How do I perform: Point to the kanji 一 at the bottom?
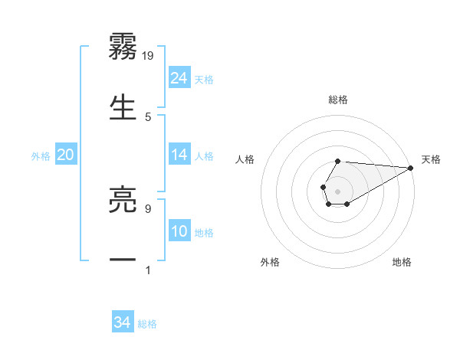click(x=123, y=260)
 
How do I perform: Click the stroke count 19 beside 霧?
click(x=149, y=55)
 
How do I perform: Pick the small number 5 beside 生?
click(x=148, y=117)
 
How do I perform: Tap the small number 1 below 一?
click(x=148, y=270)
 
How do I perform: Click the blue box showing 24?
click(x=179, y=78)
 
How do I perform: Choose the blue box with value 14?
click(x=179, y=155)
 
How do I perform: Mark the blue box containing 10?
click(x=179, y=232)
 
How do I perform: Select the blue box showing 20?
click(x=66, y=155)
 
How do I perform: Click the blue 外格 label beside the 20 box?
click(x=41, y=156)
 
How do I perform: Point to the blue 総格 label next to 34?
click(x=147, y=324)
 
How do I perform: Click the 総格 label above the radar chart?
click(x=338, y=100)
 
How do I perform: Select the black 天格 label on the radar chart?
click(x=431, y=159)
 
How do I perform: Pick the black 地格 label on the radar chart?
click(x=402, y=262)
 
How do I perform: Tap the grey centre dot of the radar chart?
click(x=337, y=190)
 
